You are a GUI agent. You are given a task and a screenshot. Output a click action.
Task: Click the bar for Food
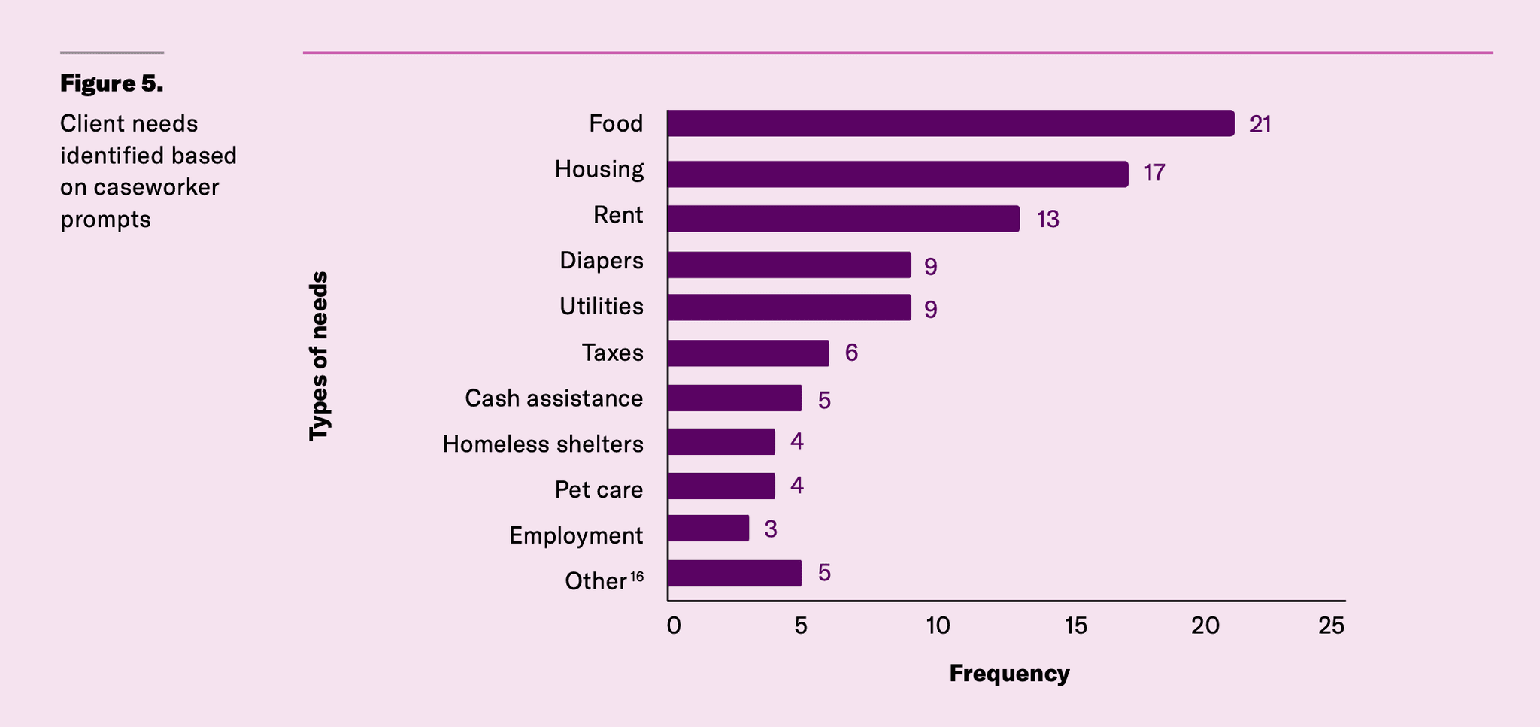950,123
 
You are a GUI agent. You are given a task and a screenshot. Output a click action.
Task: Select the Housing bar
898,174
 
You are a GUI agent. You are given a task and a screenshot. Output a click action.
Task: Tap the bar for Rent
843,219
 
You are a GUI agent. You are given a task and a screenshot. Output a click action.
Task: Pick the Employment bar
708,529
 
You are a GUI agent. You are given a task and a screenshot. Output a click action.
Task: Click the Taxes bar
748,353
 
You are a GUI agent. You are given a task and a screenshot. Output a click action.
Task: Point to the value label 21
1260,125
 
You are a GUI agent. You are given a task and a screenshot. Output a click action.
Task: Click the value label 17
1154,174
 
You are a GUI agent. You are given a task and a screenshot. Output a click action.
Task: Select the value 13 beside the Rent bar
1047,220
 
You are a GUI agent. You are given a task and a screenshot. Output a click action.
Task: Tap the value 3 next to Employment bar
771,529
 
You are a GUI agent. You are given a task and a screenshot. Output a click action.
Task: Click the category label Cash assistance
553,398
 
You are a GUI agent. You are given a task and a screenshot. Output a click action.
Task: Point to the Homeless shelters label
542,444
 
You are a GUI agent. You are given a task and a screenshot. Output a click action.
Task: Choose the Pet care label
599,490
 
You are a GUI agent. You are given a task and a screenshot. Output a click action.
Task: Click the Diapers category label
601,261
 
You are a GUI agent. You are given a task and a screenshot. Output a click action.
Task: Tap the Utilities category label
601,307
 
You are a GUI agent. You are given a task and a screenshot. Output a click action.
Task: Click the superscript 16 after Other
637,577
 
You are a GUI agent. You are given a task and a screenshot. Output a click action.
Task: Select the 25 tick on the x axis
1332,626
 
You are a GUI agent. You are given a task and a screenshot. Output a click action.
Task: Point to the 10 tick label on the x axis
938,626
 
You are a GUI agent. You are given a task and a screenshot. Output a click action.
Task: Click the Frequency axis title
1009,674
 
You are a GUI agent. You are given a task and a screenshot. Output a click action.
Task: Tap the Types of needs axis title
319,356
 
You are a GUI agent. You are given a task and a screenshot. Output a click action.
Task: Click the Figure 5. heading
111,83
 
